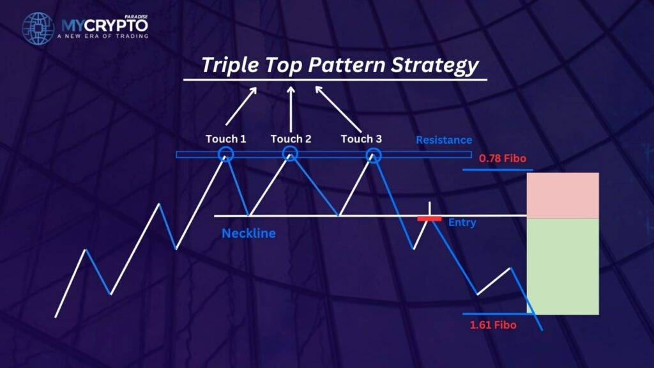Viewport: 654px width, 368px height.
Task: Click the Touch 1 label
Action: pos(225,139)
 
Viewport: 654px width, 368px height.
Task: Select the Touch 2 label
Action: pos(291,139)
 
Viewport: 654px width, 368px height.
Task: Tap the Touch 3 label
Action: pos(361,139)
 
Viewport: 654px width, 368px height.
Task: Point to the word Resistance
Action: pos(444,140)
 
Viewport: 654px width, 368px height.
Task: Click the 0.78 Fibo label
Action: pos(502,158)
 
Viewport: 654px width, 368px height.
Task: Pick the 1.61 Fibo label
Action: pos(493,325)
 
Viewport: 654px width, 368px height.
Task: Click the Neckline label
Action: pos(248,233)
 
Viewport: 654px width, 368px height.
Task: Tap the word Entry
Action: pos(462,223)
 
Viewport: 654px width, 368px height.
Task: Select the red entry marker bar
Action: pos(429,218)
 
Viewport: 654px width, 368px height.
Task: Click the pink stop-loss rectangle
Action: pos(563,195)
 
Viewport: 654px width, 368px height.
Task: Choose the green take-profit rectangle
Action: pos(563,266)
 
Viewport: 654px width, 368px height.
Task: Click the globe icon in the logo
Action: pos(38,28)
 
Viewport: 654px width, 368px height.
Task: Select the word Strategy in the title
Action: pos(434,66)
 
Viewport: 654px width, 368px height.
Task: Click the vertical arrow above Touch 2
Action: pos(291,109)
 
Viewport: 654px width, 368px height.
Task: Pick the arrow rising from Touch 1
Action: pos(241,106)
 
